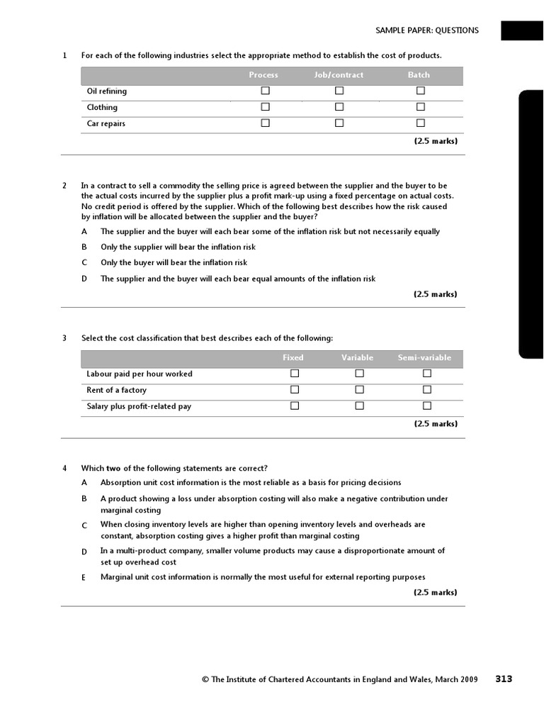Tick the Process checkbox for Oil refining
266,91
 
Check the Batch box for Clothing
421,107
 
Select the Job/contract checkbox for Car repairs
339,123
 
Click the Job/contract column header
339,75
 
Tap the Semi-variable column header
424,358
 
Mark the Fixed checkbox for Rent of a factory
295,390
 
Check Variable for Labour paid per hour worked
359,374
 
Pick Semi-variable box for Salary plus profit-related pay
427,406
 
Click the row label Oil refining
107,91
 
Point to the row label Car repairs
106,124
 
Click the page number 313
504,679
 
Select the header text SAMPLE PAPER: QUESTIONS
426,30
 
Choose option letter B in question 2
84,247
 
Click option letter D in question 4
84,552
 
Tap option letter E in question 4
84,578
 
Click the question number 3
64,338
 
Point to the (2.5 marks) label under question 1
436,141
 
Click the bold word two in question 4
113,468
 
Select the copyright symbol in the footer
205,680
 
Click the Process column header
263,75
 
